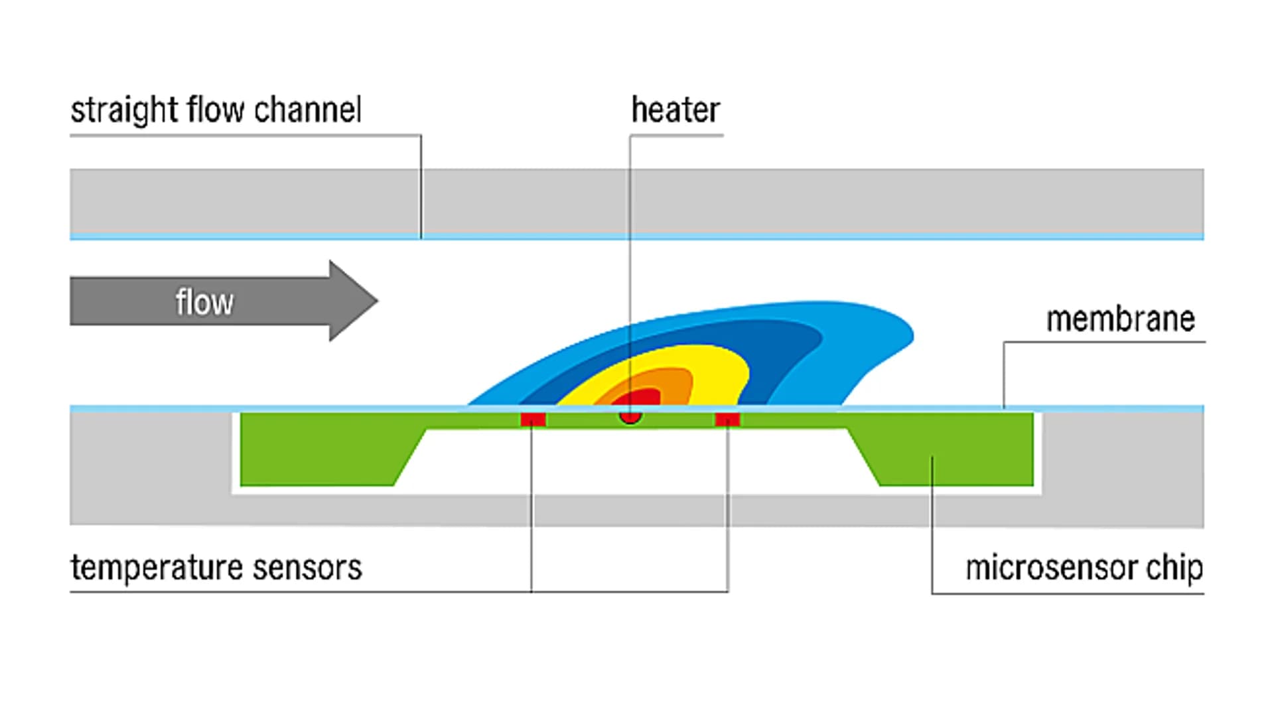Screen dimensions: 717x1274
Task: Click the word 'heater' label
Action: pyautogui.click(x=675, y=110)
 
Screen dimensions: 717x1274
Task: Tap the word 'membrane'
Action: pyautogui.click(x=1120, y=319)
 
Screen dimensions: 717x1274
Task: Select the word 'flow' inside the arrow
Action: pyautogui.click(x=204, y=302)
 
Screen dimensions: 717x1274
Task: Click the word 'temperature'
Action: pyautogui.click(x=157, y=568)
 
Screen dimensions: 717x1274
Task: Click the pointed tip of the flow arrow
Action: pyautogui.click(x=375, y=301)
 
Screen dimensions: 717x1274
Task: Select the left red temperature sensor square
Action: pyautogui.click(x=533, y=420)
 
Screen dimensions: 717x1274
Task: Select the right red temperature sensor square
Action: pyautogui.click(x=727, y=420)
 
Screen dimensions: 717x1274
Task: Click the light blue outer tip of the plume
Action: pyautogui.click(x=889, y=332)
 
